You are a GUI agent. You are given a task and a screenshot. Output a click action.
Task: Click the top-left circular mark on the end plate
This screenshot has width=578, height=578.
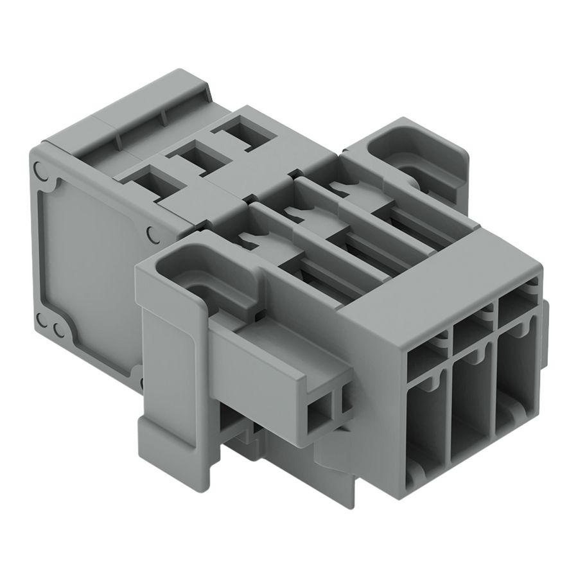(41, 171)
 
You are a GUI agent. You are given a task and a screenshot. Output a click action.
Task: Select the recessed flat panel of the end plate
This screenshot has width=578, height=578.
(90, 257)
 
